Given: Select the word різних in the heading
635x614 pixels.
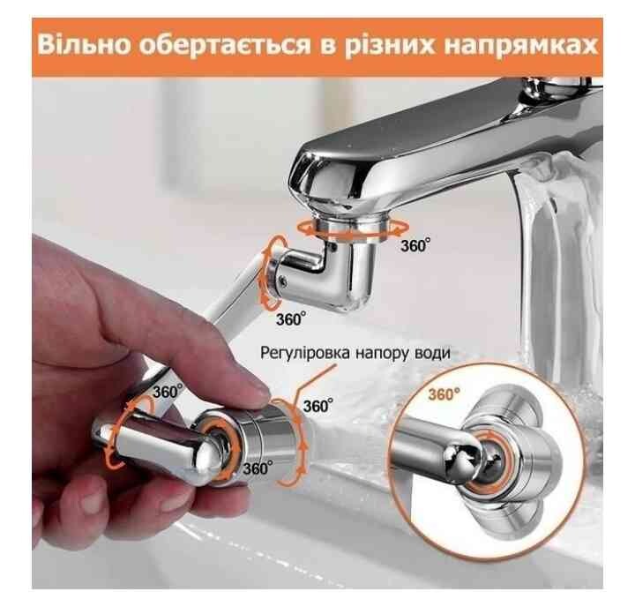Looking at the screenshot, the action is (388, 46).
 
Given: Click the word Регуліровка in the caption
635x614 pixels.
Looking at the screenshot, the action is (304, 353).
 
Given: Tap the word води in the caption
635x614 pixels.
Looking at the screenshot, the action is (432, 353).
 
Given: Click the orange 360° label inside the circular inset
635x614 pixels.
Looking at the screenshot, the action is (444, 394).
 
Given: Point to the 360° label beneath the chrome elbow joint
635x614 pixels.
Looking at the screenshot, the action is (291, 318).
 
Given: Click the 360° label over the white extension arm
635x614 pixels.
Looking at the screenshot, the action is (168, 392).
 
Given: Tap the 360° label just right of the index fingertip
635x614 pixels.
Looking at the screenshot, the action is (318, 406).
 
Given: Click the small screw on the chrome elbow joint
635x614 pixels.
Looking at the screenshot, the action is (282, 278).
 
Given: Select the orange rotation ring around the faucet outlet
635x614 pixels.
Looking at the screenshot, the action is (351, 229).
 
